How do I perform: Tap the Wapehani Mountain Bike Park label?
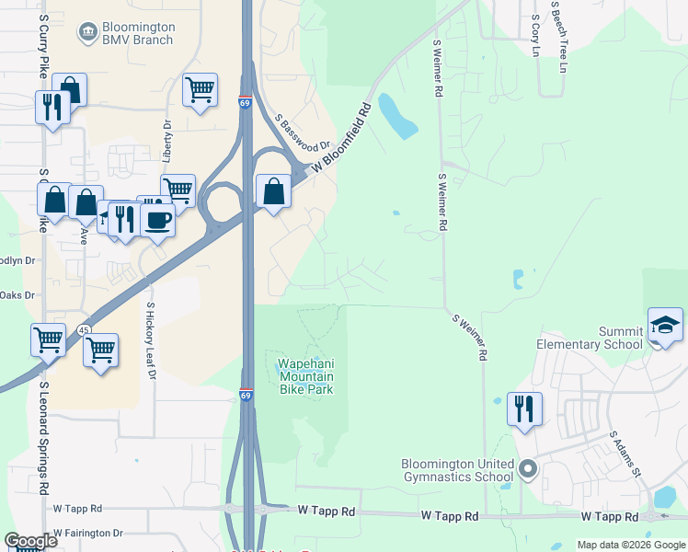(306, 375)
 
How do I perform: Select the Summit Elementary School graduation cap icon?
(666, 326)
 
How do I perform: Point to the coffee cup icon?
(158, 221)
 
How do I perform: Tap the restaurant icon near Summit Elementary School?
(524, 408)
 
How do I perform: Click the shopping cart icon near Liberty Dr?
(200, 90)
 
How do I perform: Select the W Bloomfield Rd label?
(341, 136)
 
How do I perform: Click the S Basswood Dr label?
(303, 133)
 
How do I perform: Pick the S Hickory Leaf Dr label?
(150, 341)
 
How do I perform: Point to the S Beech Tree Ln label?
(558, 36)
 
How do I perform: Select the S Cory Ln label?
(534, 35)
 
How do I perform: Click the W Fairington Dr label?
(87, 533)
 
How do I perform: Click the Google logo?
(30, 541)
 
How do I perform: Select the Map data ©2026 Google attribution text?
(631, 545)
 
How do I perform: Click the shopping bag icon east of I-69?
(273, 191)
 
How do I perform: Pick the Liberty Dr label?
(167, 140)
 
